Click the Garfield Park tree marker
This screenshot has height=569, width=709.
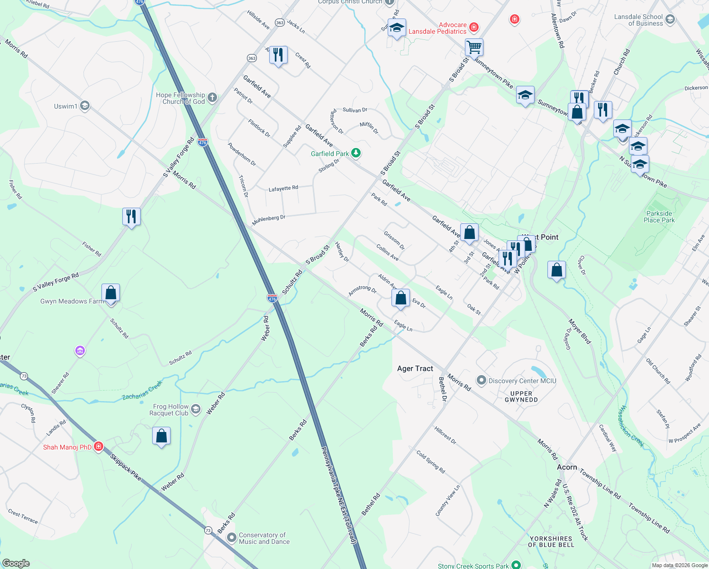(355, 153)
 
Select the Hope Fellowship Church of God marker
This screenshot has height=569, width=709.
(212, 98)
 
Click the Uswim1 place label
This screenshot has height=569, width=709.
(65, 106)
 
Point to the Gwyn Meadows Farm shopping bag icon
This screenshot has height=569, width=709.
(110, 294)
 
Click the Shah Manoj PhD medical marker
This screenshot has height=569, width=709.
(99, 446)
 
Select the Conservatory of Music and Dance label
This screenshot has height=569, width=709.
(264, 538)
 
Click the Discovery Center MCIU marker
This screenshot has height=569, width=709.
(481, 380)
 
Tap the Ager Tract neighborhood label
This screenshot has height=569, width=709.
(415, 368)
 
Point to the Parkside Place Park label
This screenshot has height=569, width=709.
(659, 217)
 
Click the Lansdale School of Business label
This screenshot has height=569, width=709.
(638, 20)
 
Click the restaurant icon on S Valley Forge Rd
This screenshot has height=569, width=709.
(131, 217)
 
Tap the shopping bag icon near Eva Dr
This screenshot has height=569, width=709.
(400, 298)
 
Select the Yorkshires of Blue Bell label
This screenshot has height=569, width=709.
(551, 541)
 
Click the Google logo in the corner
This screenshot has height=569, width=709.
(16, 563)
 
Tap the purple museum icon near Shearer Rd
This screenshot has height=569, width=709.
(80, 351)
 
